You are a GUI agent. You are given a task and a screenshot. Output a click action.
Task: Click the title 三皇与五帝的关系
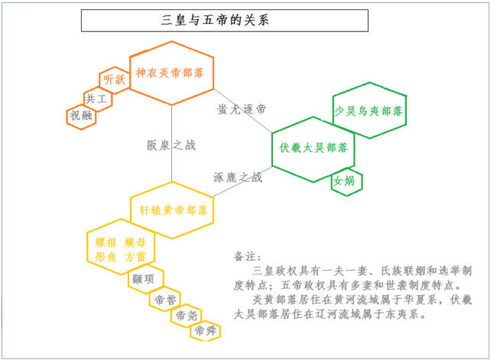click(x=215, y=21)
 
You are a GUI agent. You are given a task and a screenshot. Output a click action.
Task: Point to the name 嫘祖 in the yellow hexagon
click(x=105, y=242)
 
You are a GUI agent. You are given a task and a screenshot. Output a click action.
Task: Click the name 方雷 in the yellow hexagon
click(x=135, y=257)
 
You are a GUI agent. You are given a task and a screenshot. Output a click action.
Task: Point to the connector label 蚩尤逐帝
click(x=242, y=109)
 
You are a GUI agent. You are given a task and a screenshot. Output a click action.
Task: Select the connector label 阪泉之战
click(x=171, y=145)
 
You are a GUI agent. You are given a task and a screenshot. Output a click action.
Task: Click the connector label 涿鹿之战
click(x=238, y=177)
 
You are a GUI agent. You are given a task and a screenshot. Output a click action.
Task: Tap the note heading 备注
click(x=247, y=256)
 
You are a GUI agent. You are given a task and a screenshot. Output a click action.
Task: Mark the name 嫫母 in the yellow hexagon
click(x=135, y=242)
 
